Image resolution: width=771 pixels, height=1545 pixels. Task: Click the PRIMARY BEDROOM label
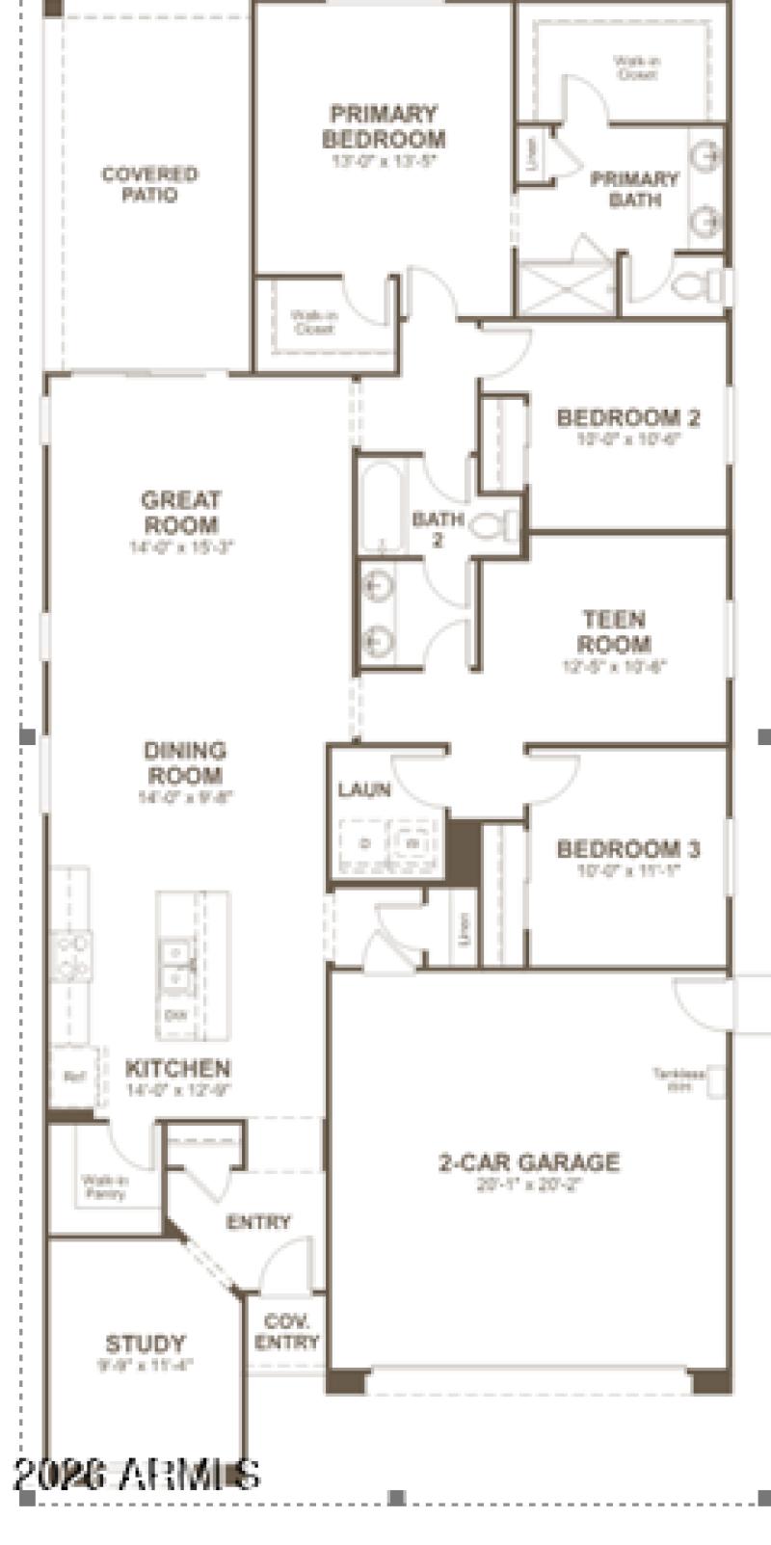pos(383,126)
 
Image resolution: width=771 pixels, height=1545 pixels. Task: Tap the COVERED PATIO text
pos(149,184)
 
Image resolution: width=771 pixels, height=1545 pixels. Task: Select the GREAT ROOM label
pos(181,513)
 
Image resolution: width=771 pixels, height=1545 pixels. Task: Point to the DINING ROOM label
pos(185,763)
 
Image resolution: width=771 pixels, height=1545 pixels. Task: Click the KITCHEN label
pos(178,1069)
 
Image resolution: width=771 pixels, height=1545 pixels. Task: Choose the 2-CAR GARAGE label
pos(529,1162)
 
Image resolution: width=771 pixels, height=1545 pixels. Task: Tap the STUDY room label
pos(146,1344)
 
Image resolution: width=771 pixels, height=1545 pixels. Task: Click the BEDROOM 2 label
pos(628,417)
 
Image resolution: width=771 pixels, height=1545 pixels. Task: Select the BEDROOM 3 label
pos(628,849)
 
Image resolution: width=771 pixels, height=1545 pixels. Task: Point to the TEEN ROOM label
pos(615,631)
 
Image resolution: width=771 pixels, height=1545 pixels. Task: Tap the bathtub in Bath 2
pos(382,506)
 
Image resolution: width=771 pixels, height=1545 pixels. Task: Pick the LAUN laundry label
pos(364,790)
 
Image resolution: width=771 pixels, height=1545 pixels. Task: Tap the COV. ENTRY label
pos(287,1333)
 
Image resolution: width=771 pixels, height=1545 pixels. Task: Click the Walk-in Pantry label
pos(104,1186)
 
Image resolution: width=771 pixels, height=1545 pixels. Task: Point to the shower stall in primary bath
pos(566,286)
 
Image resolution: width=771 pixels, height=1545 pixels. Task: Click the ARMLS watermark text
pos(137,1475)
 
